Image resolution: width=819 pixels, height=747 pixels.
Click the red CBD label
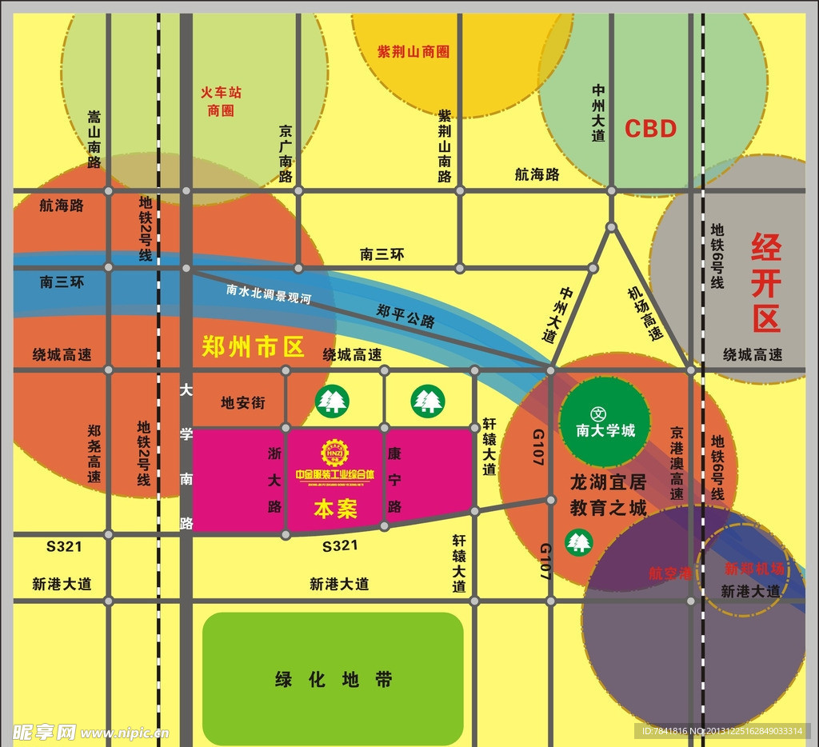tap(650, 129)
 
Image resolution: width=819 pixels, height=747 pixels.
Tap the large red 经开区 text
tap(765, 284)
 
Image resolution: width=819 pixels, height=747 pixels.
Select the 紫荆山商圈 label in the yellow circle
tap(413, 52)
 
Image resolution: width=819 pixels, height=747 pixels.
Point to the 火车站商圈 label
tap(221, 102)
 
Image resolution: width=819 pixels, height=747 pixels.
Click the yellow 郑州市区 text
tap(254, 346)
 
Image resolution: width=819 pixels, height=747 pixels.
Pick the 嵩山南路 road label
tap(94, 139)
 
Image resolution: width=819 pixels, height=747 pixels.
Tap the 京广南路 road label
tap(286, 153)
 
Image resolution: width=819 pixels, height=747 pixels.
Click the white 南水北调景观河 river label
tap(269, 294)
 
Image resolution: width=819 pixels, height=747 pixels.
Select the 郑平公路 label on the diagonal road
tap(406, 315)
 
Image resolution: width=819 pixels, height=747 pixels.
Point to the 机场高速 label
tap(645, 314)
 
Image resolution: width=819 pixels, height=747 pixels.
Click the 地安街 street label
tap(242, 402)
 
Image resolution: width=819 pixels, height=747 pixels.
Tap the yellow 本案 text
tap(336, 509)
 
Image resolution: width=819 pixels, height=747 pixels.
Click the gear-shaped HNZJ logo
tap(335, 453)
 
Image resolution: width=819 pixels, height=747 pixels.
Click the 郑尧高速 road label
tap(94, 453)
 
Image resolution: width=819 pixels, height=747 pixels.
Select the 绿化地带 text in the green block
tap(334, 680)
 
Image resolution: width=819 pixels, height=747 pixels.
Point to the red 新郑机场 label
tap(753, 569)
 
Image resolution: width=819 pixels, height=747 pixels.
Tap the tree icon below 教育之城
tap(579, 541)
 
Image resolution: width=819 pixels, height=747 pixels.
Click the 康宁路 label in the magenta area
tap(394, 480)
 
